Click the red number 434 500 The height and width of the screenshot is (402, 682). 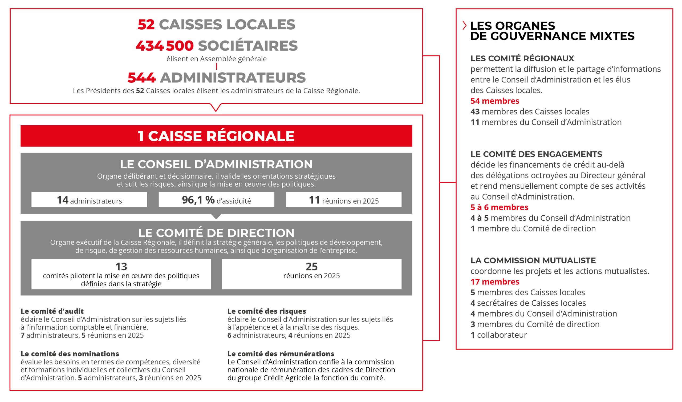coord(165,46)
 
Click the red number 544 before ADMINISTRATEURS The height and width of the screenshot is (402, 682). coord(141,78)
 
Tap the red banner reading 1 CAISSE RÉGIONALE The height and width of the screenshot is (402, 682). coord(216,136)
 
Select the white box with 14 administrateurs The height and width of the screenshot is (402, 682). coord(89,200)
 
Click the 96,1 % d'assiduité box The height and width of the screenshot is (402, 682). coord(216,200)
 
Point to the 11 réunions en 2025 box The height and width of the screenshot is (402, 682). coord(343,200)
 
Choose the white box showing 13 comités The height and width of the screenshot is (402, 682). coord(121,274)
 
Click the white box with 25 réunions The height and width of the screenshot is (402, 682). coord(311,274)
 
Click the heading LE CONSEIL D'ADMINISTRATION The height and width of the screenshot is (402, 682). coord(216,164)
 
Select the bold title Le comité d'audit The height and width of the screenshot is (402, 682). coord(52,311)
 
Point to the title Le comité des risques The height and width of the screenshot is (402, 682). coord(267,311)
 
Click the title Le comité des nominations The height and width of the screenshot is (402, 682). coord(70,354)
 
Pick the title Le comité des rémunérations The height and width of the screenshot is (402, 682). coord(281,354)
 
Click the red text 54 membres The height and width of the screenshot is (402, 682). coord(495,101)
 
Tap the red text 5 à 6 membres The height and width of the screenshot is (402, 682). coord(499,207)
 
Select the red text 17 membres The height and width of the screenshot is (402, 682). coord(495,282)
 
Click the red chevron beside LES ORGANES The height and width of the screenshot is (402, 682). coord(464,26)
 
